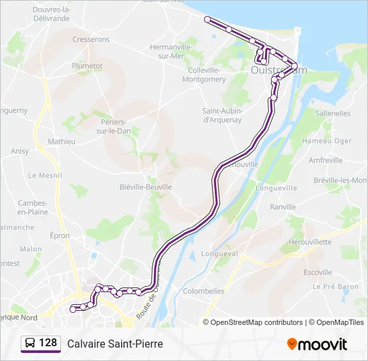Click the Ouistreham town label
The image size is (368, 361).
278,70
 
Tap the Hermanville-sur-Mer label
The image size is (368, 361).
171,51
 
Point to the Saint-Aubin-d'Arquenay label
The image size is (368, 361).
222,115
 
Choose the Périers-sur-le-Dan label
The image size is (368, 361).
113,126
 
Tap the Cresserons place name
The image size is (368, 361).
91,39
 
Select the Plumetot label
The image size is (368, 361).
87,66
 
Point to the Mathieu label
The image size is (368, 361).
62,142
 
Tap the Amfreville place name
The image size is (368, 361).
326,160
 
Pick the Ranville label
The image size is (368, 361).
282,207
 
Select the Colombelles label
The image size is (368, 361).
203,291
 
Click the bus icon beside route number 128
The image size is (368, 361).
30,343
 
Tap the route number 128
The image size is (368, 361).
48,343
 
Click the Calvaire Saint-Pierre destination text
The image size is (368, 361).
114,344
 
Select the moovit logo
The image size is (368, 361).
317,344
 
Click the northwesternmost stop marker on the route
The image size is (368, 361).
207,19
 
